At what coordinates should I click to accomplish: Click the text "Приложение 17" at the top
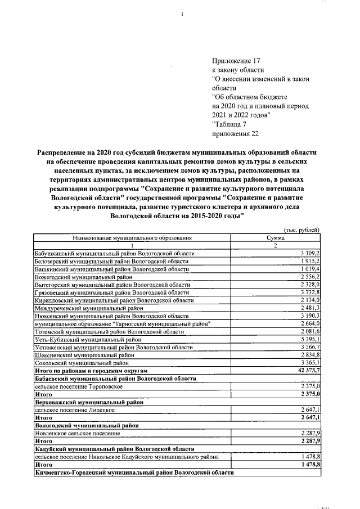(236, 61)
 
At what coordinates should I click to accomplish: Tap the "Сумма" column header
(275, 238)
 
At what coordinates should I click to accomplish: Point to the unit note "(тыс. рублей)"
(303, 231)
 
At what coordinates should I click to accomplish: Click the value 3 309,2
(310, 254)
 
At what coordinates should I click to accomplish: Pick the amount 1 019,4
(310, 269)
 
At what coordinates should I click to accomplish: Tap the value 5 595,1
(310, 340)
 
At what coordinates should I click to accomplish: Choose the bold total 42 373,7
(308, 371)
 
